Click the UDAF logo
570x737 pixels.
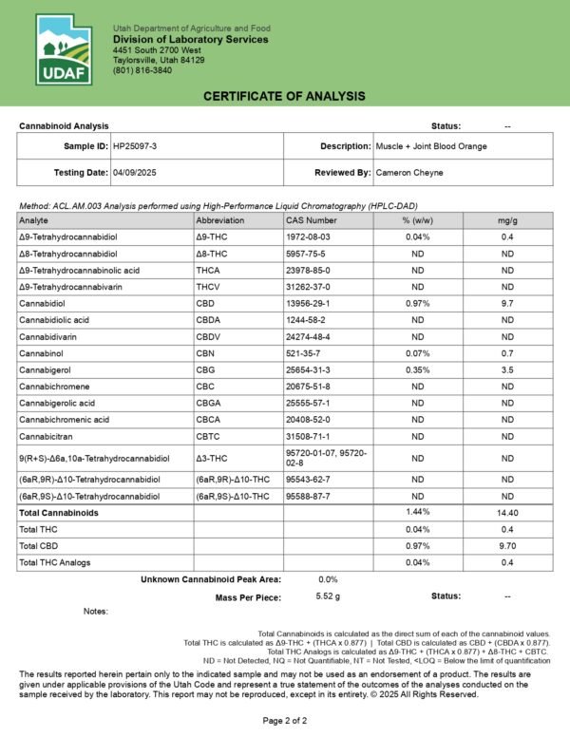(64, 50)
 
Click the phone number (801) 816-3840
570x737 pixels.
(143, 71)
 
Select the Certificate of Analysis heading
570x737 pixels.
(284, 98)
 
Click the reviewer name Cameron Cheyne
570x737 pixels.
(410, 173)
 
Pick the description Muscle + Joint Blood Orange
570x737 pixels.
(431, 146)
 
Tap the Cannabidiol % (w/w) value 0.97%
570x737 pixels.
(414, 304)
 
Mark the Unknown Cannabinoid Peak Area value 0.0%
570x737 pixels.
(329, 578)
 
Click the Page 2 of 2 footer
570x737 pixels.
(284, 721)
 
